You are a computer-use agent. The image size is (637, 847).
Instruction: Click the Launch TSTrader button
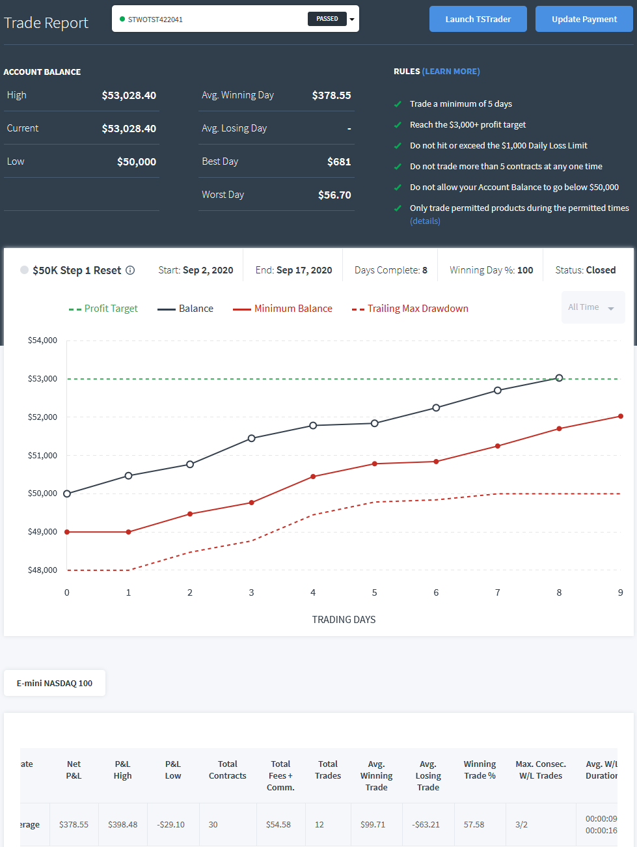(x=478, y=19)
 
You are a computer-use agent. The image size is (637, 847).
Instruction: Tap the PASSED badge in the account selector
(x=327, y=19)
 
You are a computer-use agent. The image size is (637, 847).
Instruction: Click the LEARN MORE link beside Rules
(x=451, y=72)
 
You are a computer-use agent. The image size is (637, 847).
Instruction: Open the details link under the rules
(x=425, y=221)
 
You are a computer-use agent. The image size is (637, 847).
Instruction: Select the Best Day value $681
(x=339, y=161)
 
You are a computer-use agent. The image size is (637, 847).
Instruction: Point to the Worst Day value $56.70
(x=334, y=195)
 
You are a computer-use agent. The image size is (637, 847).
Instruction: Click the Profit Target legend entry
(x=103, y=309)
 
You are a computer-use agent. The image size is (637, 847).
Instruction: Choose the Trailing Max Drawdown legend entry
(x=410, y=309)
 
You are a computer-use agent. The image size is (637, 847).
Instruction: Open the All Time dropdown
(x=593, y=307)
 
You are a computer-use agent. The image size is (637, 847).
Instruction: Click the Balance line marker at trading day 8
(x=559, y=378)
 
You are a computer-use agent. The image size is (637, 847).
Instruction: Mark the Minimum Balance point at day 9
(x=621, y=416)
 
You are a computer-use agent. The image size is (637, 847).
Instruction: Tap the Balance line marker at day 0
(x=67, y=493)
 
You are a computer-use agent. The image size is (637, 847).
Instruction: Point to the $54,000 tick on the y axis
(x=42, y=340)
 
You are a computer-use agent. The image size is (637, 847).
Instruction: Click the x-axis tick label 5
(x=374, y=592)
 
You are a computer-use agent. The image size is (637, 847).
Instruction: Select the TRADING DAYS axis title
(x=344, y=619)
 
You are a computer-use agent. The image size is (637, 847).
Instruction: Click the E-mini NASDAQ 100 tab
(x=55, y=683)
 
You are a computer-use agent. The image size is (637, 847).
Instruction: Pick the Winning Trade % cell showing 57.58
(x=474, y=825)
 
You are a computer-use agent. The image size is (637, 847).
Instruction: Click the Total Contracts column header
(x=228, y=770)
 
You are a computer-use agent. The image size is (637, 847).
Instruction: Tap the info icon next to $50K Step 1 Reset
(x=130, y=270)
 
